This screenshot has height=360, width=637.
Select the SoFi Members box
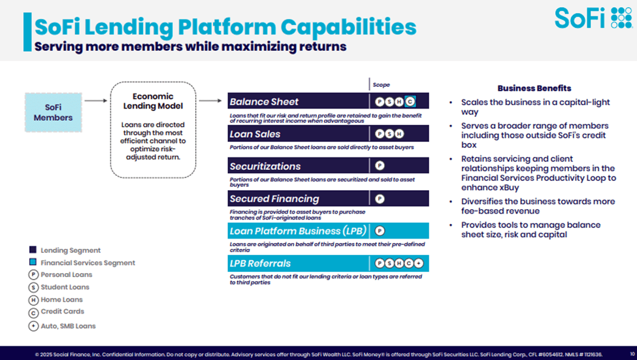point(54,112)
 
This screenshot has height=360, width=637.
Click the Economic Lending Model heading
point(153,102)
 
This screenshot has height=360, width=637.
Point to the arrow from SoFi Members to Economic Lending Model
point(95,101)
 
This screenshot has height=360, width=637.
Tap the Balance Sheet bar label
point(264,102)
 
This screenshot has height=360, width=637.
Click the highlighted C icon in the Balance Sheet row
point(410,102)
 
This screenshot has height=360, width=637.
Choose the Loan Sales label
point(255,134)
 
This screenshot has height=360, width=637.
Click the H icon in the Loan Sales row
point(400,134)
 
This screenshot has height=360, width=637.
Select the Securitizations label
point(265,167)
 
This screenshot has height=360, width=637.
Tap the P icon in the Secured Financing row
point(380,199)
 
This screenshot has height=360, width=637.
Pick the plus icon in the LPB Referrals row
point(419,263)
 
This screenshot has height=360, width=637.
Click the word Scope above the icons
point(381,85)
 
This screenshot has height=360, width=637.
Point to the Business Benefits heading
point(534,88)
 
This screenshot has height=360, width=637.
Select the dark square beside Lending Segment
point(33,250)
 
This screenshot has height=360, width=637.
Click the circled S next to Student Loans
point(33,287)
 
